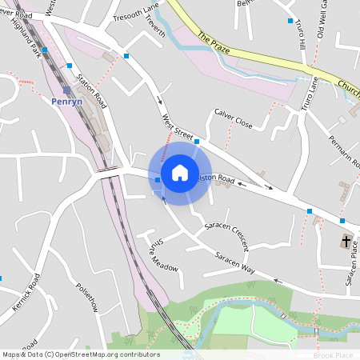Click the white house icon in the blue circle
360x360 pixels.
point(180,172)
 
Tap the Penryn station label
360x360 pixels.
point(66,102)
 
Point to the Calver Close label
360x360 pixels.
point(233,118)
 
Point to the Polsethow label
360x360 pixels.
point(86,297)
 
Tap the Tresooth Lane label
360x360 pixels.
point(137,16)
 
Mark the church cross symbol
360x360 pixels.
point(346,240)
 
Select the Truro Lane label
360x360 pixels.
point(310,94)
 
